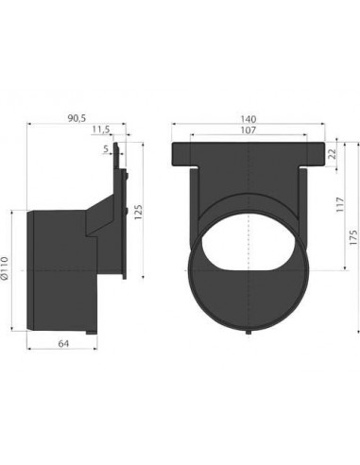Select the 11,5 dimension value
[101, 129]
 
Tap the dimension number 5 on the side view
[105, 149]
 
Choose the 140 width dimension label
[249, 119]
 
